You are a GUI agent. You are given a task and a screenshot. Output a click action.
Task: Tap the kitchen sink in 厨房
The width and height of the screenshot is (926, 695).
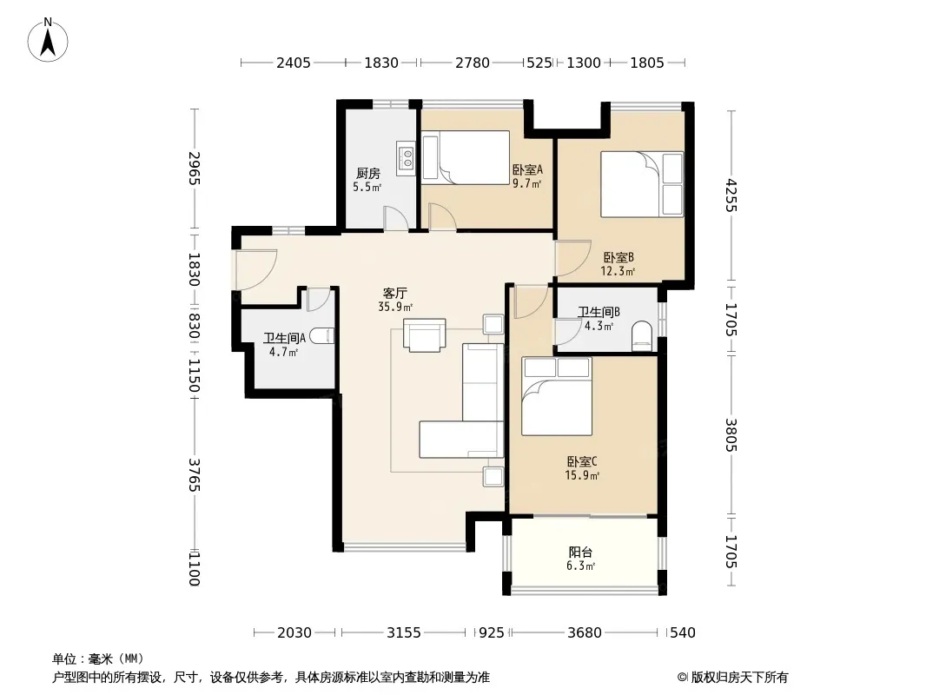pos(407,157)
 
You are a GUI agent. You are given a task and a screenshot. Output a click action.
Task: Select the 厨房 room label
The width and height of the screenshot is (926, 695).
pos(368,173)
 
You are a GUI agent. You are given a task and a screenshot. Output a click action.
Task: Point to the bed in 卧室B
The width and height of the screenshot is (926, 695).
pos(642,184)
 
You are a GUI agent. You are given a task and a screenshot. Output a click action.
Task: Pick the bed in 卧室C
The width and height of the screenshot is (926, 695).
pos(556,396)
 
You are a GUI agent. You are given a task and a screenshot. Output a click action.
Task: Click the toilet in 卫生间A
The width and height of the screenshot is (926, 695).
pos(322,336)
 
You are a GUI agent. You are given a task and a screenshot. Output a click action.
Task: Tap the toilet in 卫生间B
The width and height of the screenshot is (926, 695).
pos(641,336)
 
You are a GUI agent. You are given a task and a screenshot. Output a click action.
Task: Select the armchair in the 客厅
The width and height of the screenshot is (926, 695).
pos(425,335)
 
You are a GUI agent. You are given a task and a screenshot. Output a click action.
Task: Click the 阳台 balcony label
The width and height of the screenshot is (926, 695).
pos(580,553)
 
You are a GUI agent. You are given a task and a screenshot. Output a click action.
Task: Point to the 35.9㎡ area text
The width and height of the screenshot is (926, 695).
pos(395,307)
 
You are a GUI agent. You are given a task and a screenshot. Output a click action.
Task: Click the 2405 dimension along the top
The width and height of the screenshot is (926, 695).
pos(294,63)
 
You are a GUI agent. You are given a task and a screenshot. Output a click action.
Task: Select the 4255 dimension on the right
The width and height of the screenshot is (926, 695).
pos(731,195)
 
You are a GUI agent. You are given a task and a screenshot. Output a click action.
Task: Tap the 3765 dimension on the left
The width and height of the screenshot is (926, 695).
pos(195,474)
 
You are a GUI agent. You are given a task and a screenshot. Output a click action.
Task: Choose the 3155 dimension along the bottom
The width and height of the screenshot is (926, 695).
pos(404,633)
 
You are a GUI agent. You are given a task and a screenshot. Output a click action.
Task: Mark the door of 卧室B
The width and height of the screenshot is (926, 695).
pos(572,258)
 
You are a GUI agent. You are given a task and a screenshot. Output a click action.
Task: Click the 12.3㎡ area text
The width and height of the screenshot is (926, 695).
pos(618,272)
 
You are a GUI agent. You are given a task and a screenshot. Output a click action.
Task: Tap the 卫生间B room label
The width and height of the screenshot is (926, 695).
pos(599,312)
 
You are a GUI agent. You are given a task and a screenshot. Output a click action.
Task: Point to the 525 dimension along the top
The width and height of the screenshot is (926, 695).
pos(539,63)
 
